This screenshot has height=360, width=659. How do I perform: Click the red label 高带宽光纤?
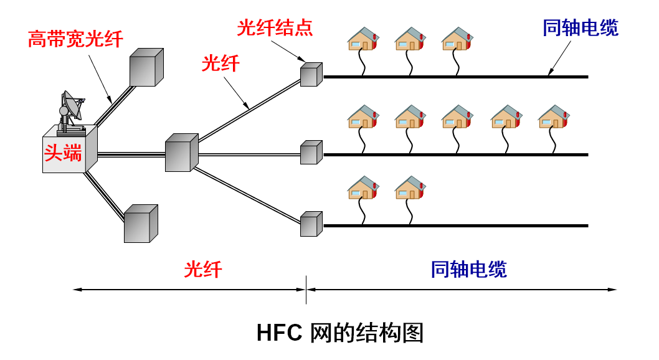(x=75, y=39)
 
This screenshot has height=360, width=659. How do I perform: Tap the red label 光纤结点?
(x=274, y=28)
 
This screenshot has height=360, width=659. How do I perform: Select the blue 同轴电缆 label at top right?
(x=581, y=28)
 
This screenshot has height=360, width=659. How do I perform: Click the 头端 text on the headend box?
(x=63, y=153)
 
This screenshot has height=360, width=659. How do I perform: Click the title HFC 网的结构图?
(x=339, y=333)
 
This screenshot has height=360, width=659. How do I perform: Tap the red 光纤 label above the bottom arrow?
(x=203, y=269)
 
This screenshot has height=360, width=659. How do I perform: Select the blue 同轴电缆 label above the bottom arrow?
(x=469, y=269)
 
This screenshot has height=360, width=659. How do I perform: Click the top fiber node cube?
(x=311, y=74)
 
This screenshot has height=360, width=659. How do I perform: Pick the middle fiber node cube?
(x=311, y=152)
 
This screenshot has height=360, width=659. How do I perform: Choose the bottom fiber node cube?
(x=311, y=224)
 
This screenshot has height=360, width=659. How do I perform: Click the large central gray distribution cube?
(x=181, y=153)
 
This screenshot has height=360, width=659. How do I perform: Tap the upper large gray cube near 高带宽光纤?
(x=146, y=67)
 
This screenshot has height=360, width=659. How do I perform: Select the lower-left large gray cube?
(x=140, y=224)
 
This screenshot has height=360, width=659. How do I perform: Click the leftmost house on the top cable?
(x=363, y=39)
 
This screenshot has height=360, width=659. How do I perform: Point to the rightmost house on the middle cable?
(x=554, y=116)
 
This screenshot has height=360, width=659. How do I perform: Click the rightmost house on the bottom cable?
(x=410, y=187)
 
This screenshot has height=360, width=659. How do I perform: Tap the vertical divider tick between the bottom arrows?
(x=306, y=290)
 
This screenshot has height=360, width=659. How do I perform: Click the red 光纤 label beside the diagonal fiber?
(x=220, y=64)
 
